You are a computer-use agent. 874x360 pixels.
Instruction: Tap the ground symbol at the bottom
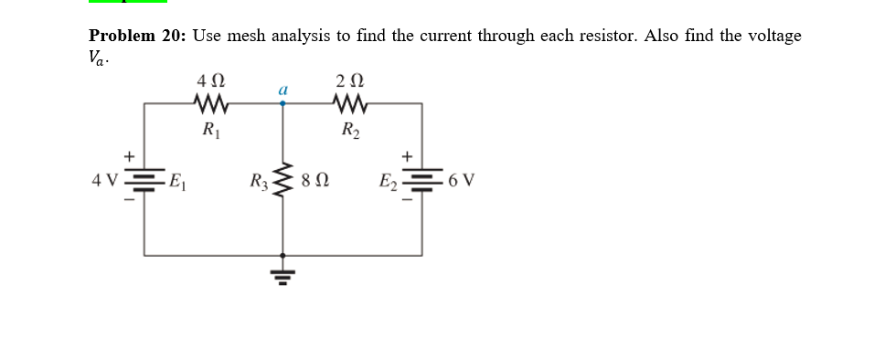(282, 273)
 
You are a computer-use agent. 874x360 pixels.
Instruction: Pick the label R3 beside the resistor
(261, 179)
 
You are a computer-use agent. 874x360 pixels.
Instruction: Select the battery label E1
(178, 179)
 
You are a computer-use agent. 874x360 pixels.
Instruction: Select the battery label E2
(389, 179)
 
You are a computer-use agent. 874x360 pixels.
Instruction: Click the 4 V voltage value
(104, 179)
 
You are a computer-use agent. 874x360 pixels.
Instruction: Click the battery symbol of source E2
(421, 178)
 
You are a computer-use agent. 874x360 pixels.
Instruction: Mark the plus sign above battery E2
(408, 155)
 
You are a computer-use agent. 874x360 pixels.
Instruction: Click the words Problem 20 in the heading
(137, 36)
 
